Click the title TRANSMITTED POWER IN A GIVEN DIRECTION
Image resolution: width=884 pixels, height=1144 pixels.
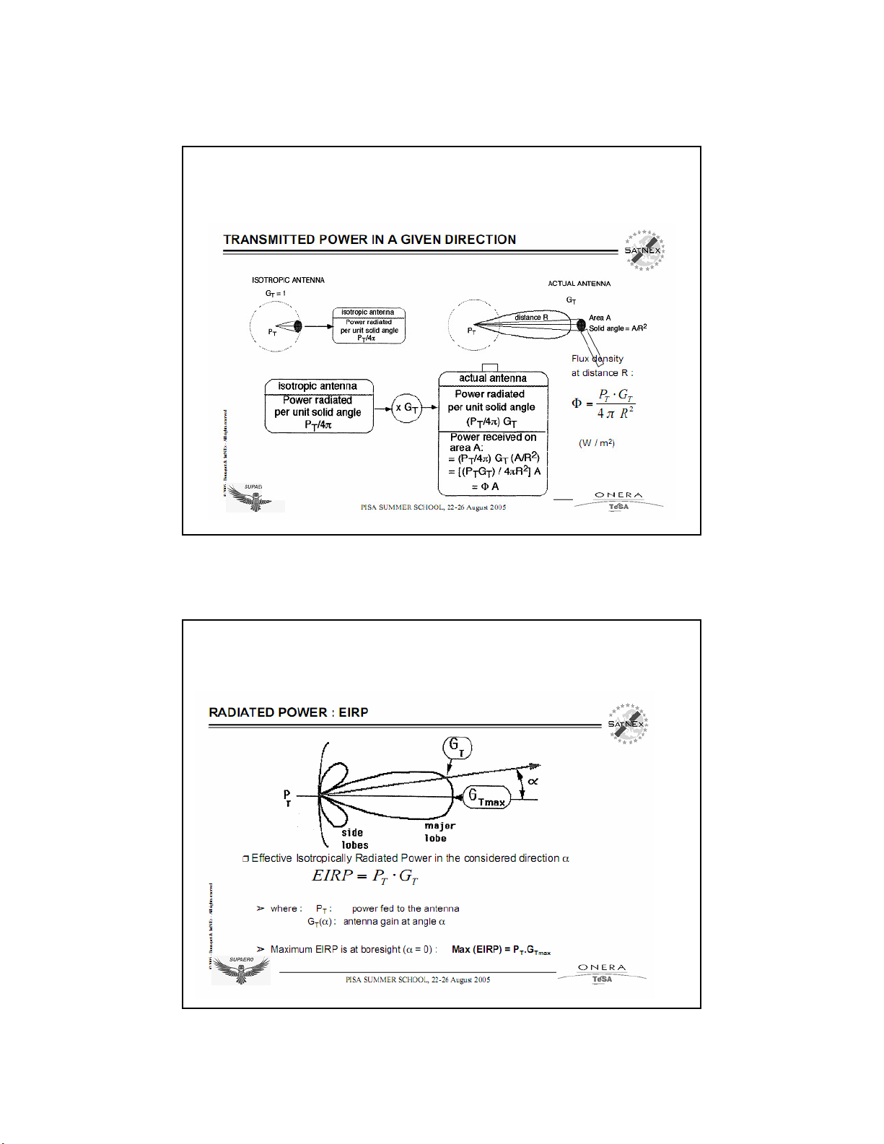tap(369, 240)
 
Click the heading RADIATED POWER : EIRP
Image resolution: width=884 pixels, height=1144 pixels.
tap(289, 712)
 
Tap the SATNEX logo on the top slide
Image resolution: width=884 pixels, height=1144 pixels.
tap(644, 250)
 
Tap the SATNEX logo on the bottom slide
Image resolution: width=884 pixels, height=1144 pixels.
tap(627, 723)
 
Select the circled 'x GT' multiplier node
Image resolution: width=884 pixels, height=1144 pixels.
tap(407, 408)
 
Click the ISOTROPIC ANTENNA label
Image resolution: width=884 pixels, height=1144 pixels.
tap(288, 280)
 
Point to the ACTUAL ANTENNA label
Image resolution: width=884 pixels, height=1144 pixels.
tap(579, 284)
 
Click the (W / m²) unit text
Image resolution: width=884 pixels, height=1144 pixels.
tap(597, 442)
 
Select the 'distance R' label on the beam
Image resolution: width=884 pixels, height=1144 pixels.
tap(531, 318)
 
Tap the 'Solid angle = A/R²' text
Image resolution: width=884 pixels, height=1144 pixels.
tap(618, 328)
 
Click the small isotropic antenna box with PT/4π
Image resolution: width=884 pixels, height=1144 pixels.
tap(369, 326)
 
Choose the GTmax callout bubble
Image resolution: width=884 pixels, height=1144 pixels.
tap(487, 798)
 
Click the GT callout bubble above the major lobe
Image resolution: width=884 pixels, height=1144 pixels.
tap(457, 747)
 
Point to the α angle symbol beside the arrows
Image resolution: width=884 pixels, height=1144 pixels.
tap(533, 782)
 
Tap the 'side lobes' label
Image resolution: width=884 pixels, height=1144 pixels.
tap(354, 839)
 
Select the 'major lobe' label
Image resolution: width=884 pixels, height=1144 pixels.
tap(439, 831)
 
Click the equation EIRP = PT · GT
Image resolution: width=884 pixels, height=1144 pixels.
tap(365, 876)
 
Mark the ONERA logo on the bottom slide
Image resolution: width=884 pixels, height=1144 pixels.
tap(602, 972)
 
